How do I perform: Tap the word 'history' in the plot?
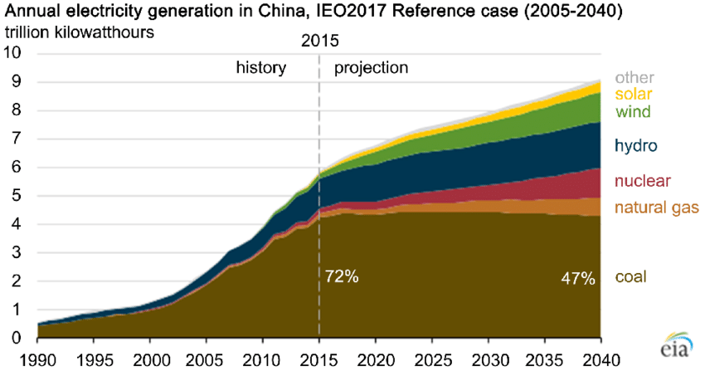pyautogui.click(x=261, y=67)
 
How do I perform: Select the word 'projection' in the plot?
pyautogui.click(x=372, y=67)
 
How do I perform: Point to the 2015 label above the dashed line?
pyautogui.click(x=319, y=40)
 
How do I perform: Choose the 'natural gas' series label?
pyautogui.click(x=657, y=207)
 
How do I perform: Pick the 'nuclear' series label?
pyautogui.click(x=642, y=181)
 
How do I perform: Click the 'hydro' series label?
pyautogui.click(x=636, y=147)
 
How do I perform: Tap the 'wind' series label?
pyautogui.click(x=633, y=111)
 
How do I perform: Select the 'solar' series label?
pyautogui.click(x=634, y=93)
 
